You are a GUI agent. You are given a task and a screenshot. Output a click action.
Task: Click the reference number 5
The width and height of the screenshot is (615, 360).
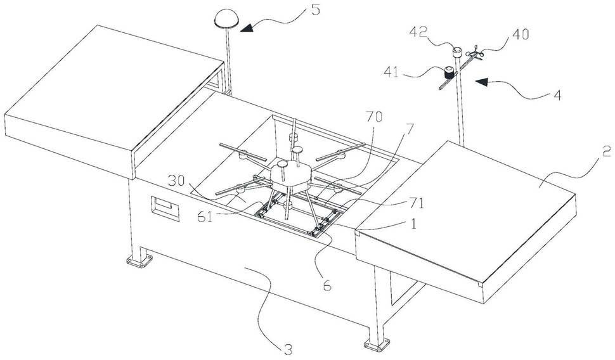[x=315, y=10]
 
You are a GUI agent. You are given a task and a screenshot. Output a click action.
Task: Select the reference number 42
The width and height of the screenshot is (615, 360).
[x=418, y=32]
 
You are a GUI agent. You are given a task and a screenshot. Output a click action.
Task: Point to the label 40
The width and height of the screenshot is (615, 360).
[x=521, y=34]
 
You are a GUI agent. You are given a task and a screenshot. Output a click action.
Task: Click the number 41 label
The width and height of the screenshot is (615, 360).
[x=392, y=73]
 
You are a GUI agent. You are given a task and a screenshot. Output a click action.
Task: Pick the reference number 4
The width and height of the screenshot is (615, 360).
[x=557, y=95]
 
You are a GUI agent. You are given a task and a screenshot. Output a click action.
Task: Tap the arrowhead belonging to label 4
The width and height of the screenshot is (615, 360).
[x=482, y=82]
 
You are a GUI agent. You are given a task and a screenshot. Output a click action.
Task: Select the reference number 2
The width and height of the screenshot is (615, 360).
[x=606, y=151]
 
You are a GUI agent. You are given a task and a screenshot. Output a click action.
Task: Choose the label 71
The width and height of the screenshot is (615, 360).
[x=416, y=203]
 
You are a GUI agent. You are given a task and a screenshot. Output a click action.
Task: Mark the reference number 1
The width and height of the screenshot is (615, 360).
[x=412, y=224]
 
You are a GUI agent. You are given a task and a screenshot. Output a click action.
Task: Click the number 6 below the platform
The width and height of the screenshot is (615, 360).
[x=327, y=286]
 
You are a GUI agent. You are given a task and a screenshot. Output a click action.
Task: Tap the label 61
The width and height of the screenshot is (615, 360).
[x=205, y=217]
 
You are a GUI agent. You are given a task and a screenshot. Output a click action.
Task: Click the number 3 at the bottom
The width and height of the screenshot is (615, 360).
[x=288, y=349]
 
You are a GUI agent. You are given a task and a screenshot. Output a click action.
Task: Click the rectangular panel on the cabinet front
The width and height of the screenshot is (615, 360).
[x=165, y=209]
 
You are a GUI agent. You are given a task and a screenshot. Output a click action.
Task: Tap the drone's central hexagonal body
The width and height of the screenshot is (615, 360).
[x=290, y=176]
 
